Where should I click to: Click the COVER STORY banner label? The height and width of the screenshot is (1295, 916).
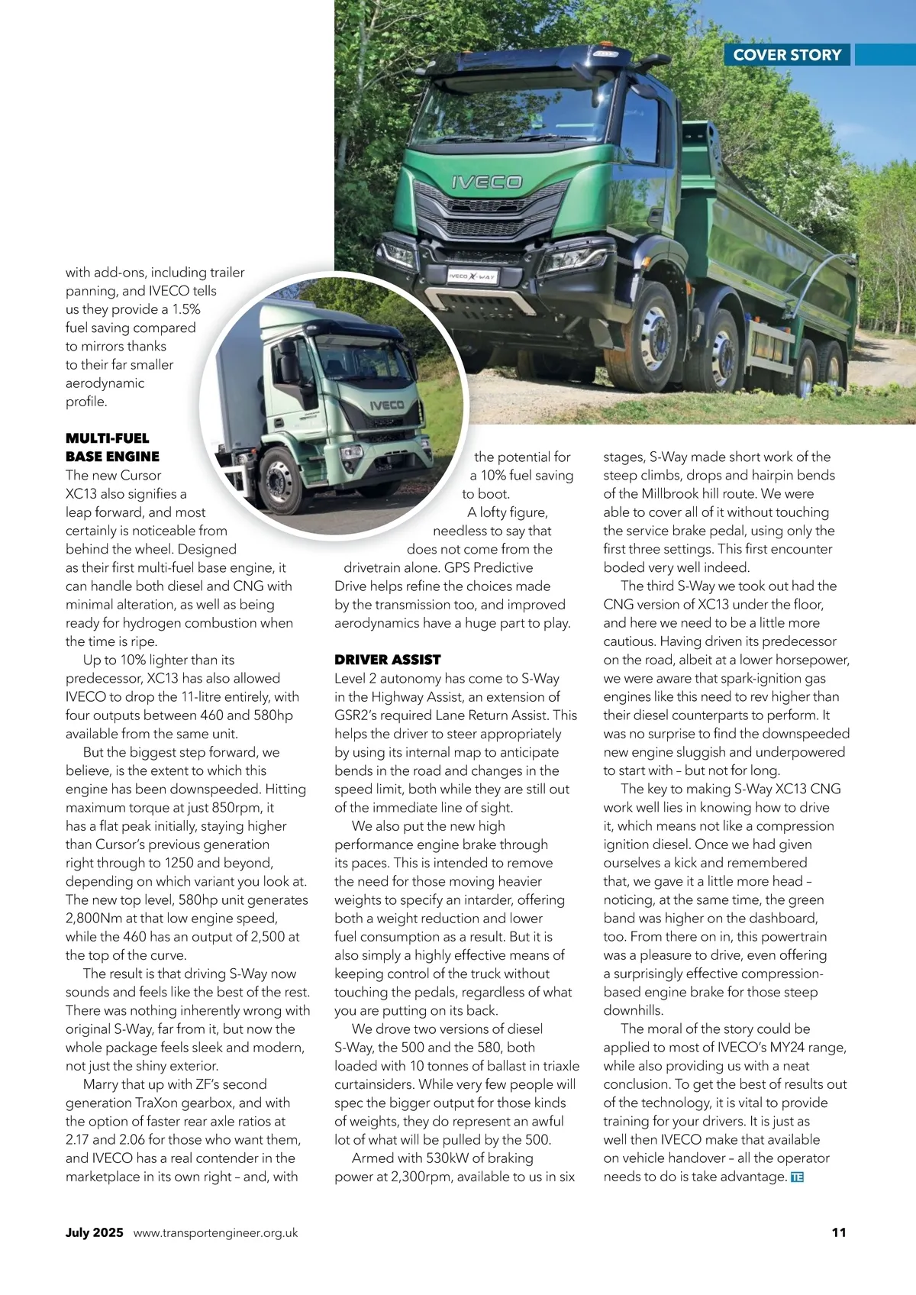[x=787, y=55]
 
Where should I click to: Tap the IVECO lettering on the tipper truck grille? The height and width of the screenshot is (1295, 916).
[x=486, y=182]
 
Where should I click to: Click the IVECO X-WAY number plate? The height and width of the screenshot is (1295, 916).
[x=472, y=276]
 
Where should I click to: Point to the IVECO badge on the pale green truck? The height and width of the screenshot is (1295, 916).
[x=387, y=405]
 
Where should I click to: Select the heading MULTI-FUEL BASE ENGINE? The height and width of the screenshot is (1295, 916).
[x=112, y=447]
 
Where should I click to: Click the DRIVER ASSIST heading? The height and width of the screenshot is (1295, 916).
[x=387, y=660]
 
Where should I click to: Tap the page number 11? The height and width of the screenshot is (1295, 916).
[x=838, y=1232]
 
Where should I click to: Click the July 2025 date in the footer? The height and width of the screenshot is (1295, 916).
[x=94, y=1232]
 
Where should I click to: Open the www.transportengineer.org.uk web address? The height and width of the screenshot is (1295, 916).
[x=215, y=1233]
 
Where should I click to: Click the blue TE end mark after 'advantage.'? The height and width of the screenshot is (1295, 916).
[x=798, y=1177]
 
